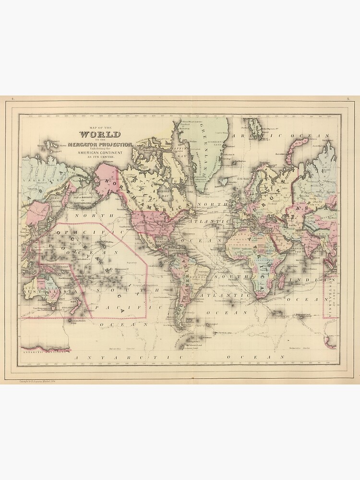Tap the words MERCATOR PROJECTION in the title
pos(100,144)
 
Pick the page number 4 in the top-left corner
pos(13,98)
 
